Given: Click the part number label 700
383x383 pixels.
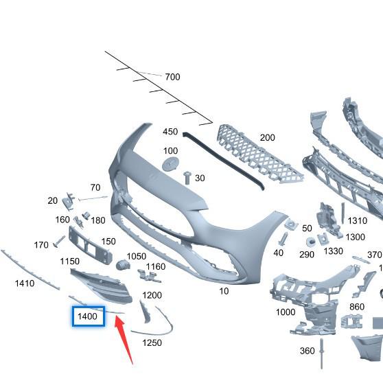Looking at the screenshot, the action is point(172,77).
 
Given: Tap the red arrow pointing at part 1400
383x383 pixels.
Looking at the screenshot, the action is point(124,340).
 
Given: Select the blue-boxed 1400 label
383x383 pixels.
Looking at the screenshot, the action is point(89,316).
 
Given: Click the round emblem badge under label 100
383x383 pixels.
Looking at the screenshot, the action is point(170,164).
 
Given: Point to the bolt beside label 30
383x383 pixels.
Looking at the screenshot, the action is point(187,178).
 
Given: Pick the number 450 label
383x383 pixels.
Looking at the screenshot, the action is point(170,132).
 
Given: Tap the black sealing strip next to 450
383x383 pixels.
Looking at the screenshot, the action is point(224,160).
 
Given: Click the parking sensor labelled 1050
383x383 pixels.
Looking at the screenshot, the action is point(123,265).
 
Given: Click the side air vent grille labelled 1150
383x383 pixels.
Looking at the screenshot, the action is point(102,286).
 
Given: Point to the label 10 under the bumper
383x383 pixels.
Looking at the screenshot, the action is point(224,291).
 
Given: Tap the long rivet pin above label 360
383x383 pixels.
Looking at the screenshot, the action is point(322,353).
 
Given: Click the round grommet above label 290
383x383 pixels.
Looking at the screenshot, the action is point(311,242).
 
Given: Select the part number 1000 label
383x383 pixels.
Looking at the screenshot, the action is point(286,312).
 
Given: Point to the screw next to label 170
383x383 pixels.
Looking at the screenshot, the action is point(59,242).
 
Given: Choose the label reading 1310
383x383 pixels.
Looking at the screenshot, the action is point(357,221).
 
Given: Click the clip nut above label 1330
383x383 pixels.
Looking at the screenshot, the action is point(323,238).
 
